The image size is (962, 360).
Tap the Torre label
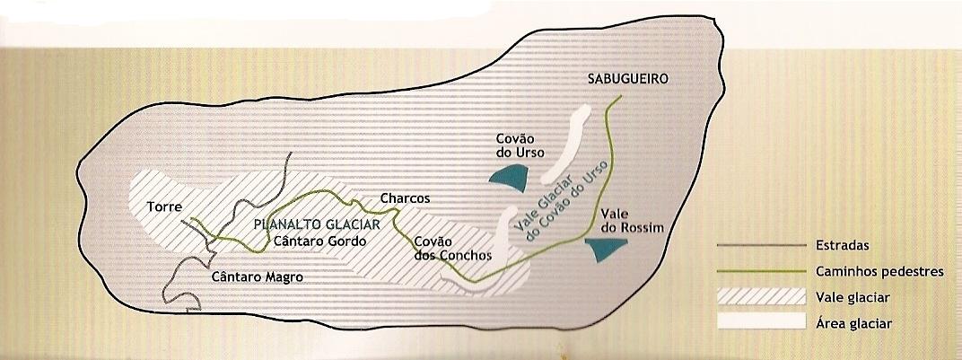165,206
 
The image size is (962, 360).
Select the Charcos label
406,198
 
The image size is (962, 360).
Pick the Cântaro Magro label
258,277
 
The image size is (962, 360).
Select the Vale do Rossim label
634,222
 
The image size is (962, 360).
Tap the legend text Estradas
841,245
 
